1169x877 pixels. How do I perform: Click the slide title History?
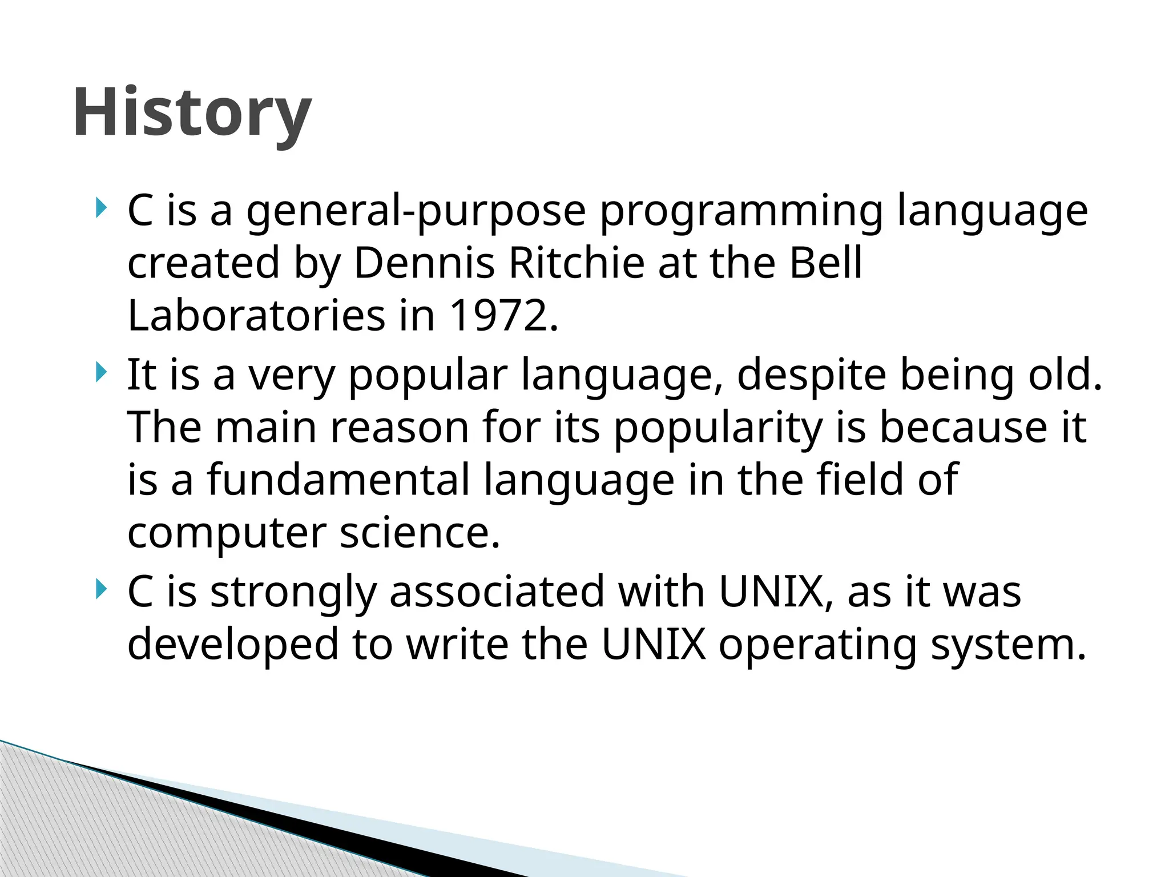coord(192,113)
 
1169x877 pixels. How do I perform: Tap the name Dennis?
coord(424,263)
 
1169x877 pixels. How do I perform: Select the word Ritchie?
coord(575,263)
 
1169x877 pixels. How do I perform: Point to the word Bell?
coord(825,263)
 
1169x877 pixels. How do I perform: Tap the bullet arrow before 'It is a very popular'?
coord(100,373)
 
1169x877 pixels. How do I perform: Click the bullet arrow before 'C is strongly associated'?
coord(100,589)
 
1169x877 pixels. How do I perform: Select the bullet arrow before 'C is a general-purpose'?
coord(100,208)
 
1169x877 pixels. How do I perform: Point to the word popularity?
coord(717,429)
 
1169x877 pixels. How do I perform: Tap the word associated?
coord(497,592)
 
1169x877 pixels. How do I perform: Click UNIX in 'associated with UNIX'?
coord(771,592)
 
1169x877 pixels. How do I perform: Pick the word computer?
coord(227,534)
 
